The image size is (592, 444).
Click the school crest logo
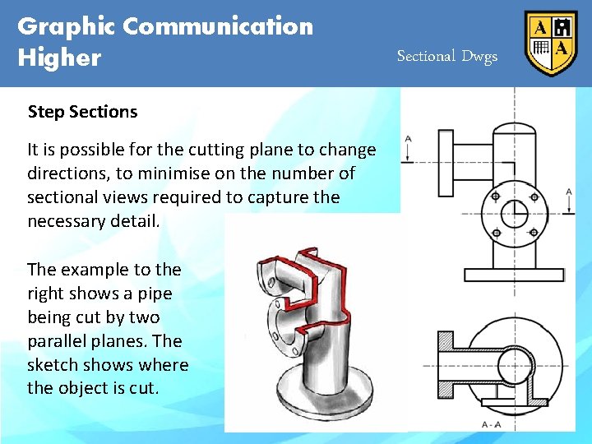(551, 43)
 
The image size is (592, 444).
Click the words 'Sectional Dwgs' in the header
(447, 56)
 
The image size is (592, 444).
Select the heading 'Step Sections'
(82, 112)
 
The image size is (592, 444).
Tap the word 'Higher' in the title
(59, 58)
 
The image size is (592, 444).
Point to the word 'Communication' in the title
(218, 26)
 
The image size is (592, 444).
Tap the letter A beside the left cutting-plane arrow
(409, 139)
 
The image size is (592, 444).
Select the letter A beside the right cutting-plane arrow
(569, 192)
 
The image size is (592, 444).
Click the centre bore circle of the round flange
(515, 215)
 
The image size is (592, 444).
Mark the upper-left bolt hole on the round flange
(496, 197)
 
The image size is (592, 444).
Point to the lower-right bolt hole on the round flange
(534, 234)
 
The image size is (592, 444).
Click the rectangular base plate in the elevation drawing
(515, 275)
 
